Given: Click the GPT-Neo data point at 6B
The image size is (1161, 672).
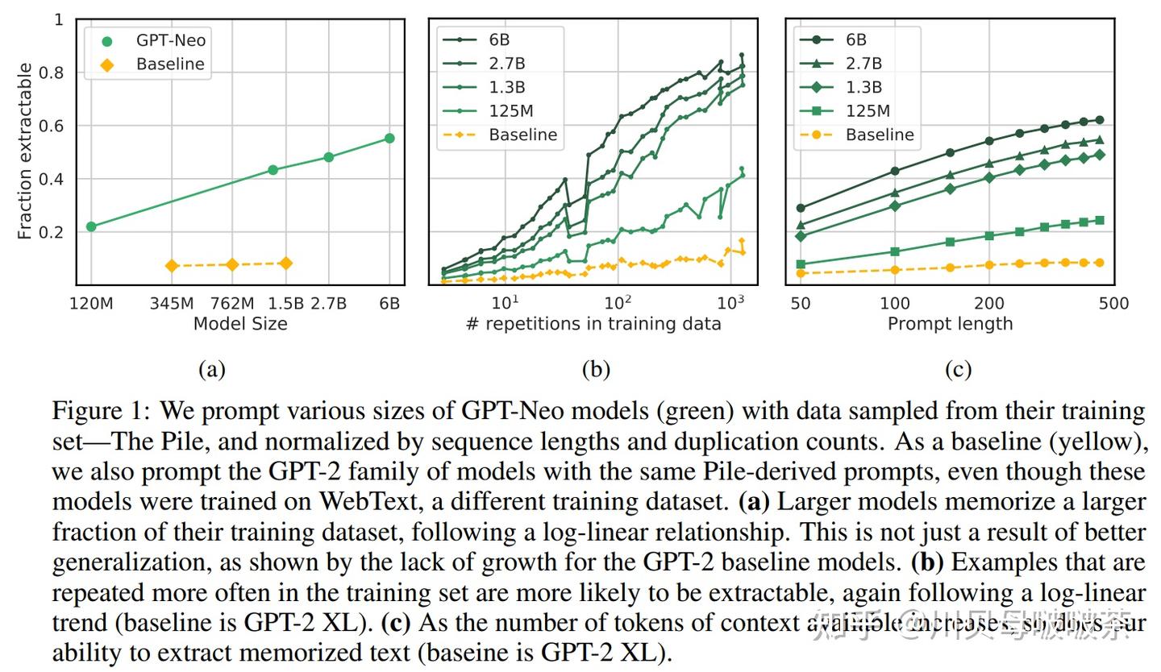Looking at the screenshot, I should (x=389, y=139).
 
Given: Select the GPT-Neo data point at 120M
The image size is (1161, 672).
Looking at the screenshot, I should (x=91, y=226).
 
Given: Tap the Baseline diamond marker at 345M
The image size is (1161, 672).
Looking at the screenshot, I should (x=172, y=266).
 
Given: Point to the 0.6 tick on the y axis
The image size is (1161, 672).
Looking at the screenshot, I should (x=56, y=127).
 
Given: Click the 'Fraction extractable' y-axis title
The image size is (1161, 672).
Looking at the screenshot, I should (x=25, y=151).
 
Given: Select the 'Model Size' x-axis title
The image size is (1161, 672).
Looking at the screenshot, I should (x=240, y=324).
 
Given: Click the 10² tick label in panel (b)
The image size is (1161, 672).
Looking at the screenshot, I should (x=618, y=304).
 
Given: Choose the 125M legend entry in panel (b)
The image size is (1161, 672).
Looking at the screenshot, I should (x=511, y=111).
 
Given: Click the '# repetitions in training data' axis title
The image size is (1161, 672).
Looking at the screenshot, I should (x=593, y=324).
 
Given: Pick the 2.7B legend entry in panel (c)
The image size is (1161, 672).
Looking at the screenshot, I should (x=863, y=64).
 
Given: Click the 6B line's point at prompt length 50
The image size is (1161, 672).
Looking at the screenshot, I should (x=801, y=208).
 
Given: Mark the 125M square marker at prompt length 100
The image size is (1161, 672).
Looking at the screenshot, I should (x=895, y=252).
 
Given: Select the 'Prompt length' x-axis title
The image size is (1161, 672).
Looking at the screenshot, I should (x=950, y=324).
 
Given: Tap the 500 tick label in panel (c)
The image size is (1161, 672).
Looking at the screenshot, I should (x=1113, y=304).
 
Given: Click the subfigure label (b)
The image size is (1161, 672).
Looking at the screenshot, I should (x=596, y=370).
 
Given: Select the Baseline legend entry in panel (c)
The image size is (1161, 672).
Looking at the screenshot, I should (x=880, y=135).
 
